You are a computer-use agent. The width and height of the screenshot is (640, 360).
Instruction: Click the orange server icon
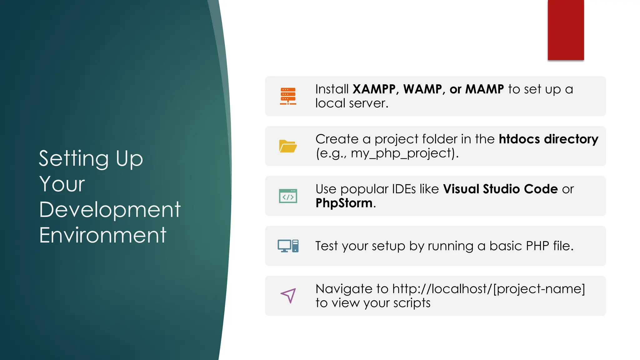288,96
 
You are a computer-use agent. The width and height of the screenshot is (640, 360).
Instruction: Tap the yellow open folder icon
288,146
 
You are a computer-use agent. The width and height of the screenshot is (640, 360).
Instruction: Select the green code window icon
288,196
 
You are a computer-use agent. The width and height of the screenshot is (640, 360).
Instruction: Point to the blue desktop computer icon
288,246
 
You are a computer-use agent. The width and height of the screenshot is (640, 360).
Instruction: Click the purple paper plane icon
288,295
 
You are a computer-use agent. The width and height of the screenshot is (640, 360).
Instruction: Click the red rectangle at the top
566,30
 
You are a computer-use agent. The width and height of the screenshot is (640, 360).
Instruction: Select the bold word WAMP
422,89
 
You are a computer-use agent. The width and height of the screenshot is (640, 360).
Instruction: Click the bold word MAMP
484,89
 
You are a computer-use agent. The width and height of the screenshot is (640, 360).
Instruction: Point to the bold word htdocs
519,139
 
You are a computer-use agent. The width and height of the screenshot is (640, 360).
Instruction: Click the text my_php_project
402,153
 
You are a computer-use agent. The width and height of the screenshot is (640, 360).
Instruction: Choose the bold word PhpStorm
344,203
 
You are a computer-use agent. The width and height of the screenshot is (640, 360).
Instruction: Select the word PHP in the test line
537,246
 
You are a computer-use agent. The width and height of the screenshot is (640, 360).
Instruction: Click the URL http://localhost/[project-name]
488,289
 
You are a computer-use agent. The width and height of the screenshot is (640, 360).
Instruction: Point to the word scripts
412,303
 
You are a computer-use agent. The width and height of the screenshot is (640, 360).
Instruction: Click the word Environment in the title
102,235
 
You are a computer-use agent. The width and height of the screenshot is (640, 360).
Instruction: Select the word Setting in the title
73,158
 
